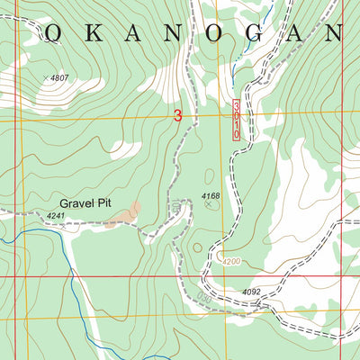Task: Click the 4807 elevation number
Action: (x=59, y=79)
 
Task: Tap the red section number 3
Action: (x=177, y=115)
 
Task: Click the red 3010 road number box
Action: (x=238, y=120)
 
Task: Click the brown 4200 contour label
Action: (x=231, y=261)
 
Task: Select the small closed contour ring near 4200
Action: (x=198, y=245)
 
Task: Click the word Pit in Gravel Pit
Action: (x=114, y=203)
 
